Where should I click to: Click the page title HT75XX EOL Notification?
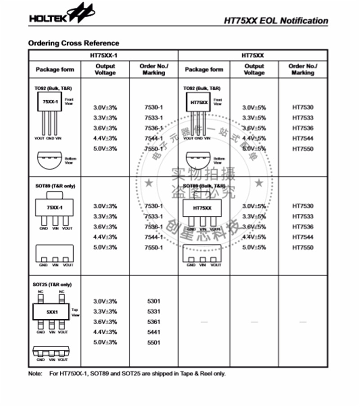point(276,21)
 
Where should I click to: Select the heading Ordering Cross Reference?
point(73,43)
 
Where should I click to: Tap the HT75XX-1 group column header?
point(104,56)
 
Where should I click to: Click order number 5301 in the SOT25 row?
point(153,301)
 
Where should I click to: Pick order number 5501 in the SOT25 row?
point(153,343)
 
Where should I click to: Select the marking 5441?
point(153,332)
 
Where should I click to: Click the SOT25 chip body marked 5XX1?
point(51,311)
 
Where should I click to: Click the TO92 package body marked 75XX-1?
point(49,103)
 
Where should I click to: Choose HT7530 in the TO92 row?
point(302,108)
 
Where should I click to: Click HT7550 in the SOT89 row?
point(302,248)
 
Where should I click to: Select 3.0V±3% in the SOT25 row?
point(105,301)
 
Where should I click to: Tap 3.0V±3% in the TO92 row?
point(105,108)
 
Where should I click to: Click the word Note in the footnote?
point(35,374)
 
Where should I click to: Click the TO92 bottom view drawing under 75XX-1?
point(49,160)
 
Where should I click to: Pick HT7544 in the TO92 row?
point(302,139)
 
